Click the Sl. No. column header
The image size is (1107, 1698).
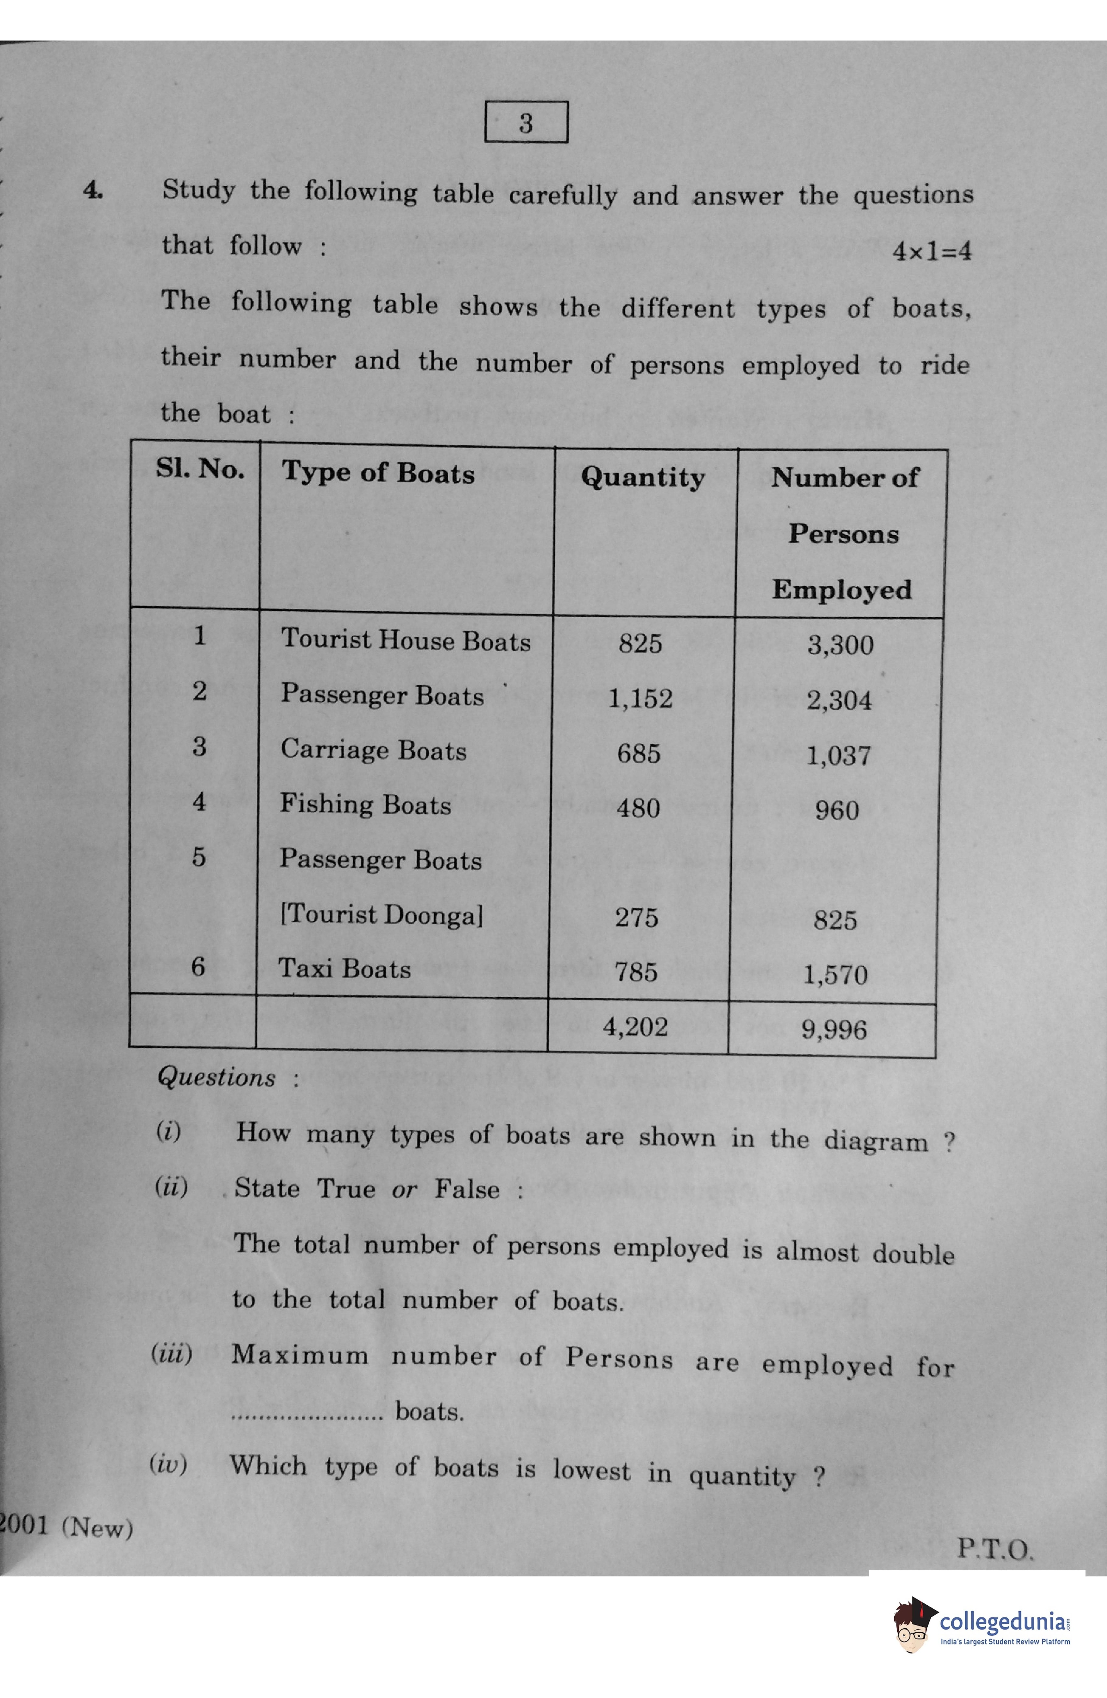200,469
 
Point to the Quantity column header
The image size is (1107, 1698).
642,477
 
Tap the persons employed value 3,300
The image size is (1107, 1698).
840,645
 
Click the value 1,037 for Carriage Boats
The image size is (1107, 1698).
839,755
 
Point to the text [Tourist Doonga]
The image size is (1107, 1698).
382,915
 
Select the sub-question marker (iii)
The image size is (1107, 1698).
171,1353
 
